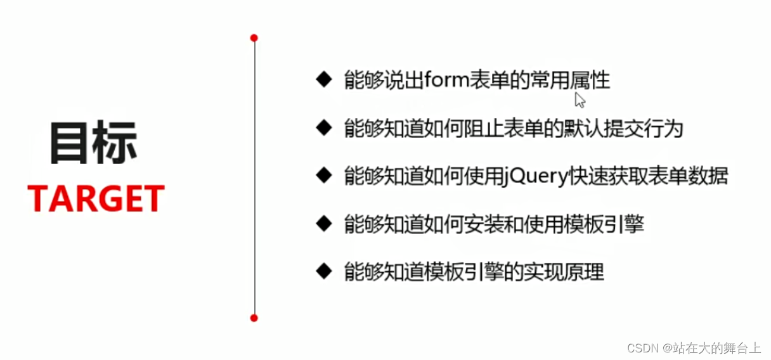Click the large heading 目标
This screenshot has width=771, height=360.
[x=93, y=143]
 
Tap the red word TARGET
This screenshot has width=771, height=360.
[x=96, y=198]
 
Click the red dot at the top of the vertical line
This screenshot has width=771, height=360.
[x=254, y=38]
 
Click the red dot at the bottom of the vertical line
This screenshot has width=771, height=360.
[x=254, y=318]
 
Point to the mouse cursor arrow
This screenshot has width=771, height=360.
[x=579, y=100]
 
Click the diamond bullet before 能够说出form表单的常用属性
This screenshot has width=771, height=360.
[x=324, y=79]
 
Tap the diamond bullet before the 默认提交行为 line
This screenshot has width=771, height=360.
[x=324, y=127]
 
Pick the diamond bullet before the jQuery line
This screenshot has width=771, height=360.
[x=324, y=175]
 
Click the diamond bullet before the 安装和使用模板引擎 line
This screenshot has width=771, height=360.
[x=324, y=223]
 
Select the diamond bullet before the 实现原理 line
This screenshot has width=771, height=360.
[x=324, y=271]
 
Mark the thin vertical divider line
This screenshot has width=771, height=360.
[x=254, y=177]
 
